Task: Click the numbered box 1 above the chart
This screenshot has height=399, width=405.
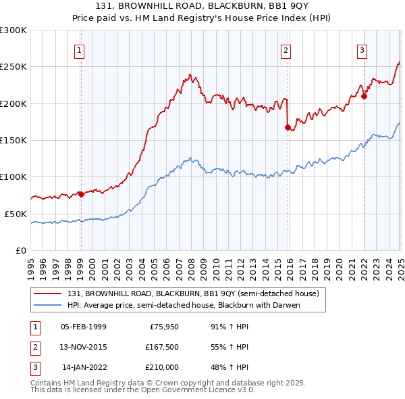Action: (80, 50)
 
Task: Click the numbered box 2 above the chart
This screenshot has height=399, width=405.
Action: (286, 50)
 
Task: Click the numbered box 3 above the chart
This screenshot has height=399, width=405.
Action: (362, 50)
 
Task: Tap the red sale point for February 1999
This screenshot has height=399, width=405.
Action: (81, 194)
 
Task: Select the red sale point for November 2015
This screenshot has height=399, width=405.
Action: (288, 126)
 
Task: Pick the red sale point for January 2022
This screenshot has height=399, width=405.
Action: (364, 95)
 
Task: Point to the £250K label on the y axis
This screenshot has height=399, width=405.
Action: (13, 67)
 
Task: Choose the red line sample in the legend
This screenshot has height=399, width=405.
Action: (47, 294)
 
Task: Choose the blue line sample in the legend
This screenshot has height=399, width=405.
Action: (47, 304)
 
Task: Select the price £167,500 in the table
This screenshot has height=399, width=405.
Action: (161, 347)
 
